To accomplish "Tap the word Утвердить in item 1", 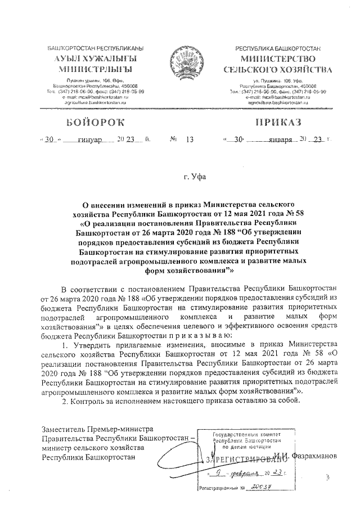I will (89, 344).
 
